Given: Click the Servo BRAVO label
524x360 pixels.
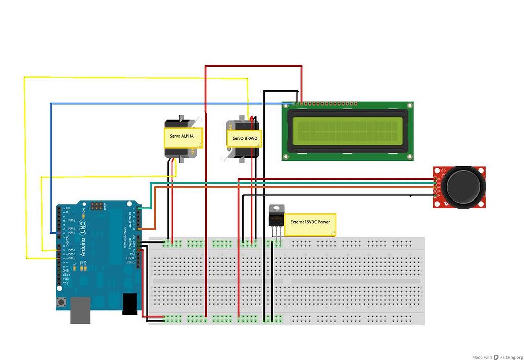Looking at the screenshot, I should coord(245,138).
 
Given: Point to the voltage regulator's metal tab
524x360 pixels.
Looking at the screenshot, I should coord(276,208).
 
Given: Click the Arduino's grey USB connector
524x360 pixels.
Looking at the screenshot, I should coord(80,310).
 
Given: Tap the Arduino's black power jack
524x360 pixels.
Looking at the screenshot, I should coord(130,304).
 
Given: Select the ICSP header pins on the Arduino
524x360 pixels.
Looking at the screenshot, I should coord(96,206).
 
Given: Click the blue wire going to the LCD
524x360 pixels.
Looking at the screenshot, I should coord(152,104).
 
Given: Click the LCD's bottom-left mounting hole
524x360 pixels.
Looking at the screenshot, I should coord(286,156).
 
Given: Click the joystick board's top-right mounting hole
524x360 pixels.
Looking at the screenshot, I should coord(481,170).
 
